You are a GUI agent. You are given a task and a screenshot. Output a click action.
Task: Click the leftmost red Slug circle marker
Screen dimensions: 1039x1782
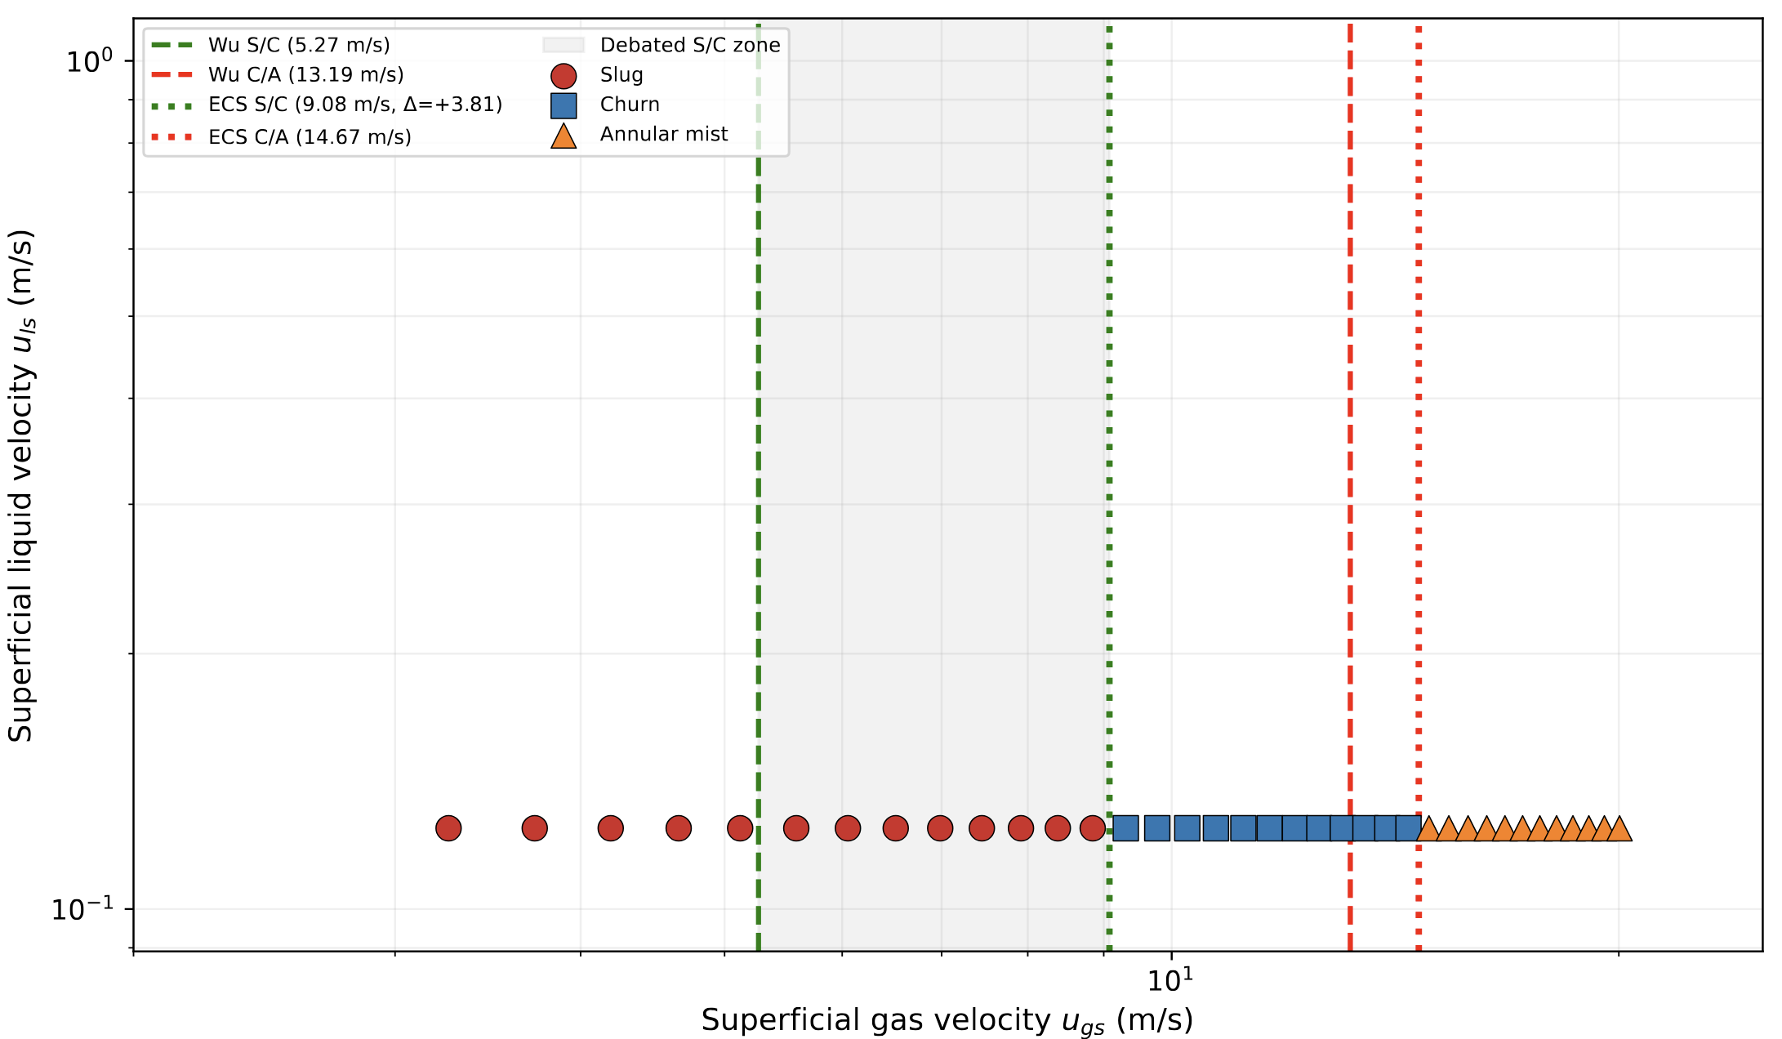(448, 828)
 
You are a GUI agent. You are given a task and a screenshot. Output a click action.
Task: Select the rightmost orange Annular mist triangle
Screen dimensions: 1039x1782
(1619, 829)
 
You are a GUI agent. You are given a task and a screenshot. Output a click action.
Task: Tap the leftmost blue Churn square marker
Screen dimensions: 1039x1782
(1125, 828)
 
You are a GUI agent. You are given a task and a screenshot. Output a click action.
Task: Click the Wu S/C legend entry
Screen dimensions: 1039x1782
(299, 45)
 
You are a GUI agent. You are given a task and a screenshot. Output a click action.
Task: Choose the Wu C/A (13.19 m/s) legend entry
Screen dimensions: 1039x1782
(305, 75)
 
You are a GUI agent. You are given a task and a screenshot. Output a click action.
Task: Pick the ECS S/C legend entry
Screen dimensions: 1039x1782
(354, 105)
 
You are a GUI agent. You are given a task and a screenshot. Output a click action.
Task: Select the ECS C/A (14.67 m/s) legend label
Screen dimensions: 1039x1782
(310, 137)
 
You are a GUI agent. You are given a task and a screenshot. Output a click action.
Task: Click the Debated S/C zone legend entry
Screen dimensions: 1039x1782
(689, 45)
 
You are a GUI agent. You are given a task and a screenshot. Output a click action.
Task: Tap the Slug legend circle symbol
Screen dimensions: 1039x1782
(564, 76)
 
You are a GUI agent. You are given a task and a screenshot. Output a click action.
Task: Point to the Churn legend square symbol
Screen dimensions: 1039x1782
(564, 105)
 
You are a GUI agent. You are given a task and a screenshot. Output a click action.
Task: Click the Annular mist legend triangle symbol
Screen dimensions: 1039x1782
(564, 136)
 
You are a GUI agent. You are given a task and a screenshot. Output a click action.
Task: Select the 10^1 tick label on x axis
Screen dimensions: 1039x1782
(1170, 979)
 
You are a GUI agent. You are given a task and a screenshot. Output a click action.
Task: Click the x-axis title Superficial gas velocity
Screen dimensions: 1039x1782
(947, 1021)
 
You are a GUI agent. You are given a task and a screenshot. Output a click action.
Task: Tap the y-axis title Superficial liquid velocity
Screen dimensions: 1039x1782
(21, 485)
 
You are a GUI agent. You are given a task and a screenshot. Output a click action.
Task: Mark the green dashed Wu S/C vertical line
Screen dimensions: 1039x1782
(759, 490)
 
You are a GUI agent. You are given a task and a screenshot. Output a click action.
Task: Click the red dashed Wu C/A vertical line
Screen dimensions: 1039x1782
(1350, 490)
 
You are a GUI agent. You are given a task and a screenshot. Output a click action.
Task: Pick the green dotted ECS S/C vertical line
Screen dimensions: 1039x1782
(1109, 490)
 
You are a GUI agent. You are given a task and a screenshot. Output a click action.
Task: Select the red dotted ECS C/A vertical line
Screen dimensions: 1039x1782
(1419, 490)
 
